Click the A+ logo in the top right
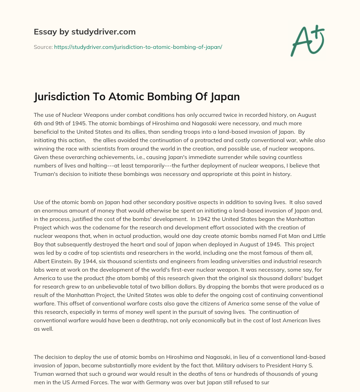tap(307, 41)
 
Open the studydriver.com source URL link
tap(138, 47)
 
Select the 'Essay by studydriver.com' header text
tap(85, 32)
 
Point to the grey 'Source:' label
tap(43, 47)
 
